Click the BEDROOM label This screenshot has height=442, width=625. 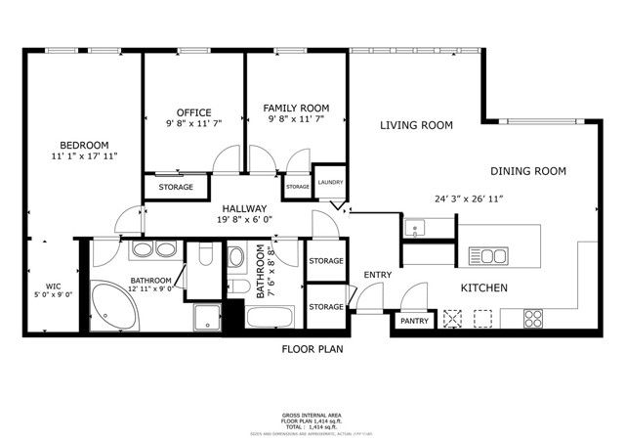(x=83, y=144)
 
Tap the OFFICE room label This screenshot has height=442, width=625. (x=193, y=112)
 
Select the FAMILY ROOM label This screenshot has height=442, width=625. (x=296, y=108)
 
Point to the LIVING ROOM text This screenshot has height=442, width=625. (x=416, y=125)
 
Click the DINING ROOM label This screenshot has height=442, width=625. (x=527, y=171)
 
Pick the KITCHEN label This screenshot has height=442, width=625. (x=483, y=288)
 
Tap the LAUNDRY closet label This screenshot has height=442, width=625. (x=330, y=182)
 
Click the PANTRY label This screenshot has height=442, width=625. (x=412, y=321)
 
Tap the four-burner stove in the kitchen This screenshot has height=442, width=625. (x=533, y=318)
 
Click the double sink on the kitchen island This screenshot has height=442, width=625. (x=485, y=256)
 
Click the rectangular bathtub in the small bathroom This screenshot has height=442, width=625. (x=270, y=318)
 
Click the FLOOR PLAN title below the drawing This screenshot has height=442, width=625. (x=312, y=348)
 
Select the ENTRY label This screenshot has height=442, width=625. (x=377, y=276)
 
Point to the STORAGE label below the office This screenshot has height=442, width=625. (x=176, y=187)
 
